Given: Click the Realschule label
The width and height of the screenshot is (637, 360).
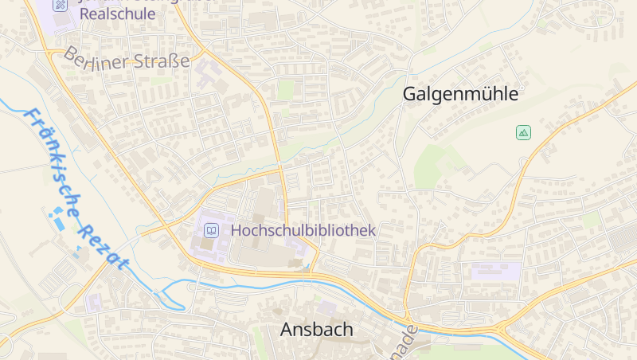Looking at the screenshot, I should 117,15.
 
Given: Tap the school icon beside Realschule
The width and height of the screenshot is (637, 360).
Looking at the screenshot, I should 61,5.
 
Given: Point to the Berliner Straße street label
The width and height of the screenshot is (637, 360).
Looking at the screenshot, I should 127,60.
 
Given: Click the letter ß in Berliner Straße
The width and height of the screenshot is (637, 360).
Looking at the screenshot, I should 174,61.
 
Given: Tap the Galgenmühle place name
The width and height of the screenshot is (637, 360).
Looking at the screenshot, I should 460,94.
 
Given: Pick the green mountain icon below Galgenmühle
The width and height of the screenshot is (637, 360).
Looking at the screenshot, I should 523,132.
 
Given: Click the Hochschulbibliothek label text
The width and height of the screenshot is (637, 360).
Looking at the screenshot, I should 303,230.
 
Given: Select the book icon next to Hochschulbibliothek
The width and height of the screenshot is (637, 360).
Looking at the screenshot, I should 211,231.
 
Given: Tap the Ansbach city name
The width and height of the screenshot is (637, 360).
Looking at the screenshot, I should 316,330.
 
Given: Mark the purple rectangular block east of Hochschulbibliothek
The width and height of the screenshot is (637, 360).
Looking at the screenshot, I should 495,271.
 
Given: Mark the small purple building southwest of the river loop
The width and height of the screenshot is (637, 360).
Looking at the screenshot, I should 94,303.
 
